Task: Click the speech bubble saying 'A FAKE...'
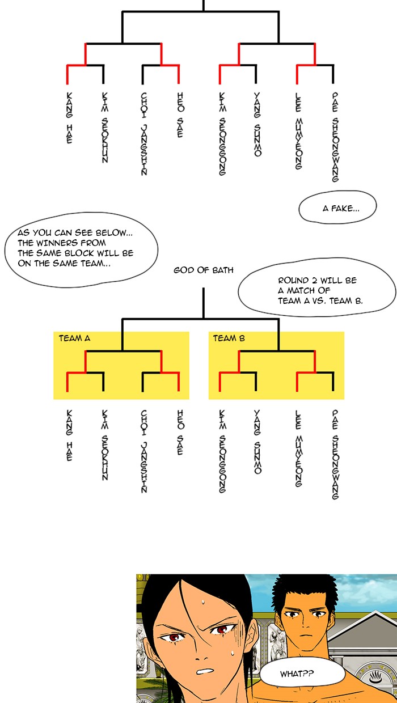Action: pos(337,208)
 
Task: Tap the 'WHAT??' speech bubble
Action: pos(302,674)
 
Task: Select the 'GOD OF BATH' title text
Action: pos(203,270)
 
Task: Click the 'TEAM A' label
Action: pos(74,338)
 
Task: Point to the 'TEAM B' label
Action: pos(229,338)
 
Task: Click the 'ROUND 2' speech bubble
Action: pos(316,291)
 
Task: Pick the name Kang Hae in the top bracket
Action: pos(69,117)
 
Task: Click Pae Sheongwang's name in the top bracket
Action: pos(335,136)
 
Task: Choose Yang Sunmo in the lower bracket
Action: pos(257,442)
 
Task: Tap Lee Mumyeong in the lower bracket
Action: pos(298,448)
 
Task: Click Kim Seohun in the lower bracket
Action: pos(105,445)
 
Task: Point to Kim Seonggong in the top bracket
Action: pos(221,134)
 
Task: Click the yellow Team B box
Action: pos(276,365)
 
